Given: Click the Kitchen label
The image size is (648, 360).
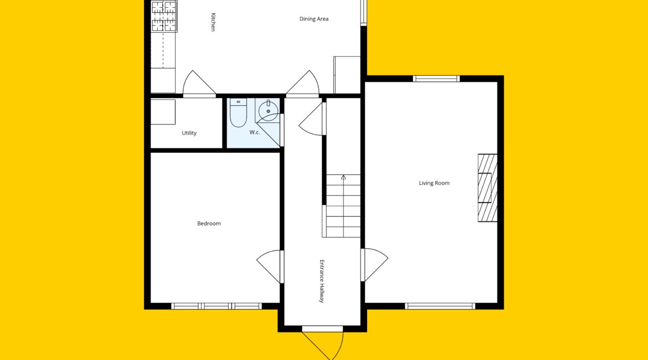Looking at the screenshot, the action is coord(213,22).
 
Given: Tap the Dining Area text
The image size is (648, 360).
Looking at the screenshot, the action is coord(314,19).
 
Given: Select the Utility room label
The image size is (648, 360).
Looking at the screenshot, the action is coord(189,133).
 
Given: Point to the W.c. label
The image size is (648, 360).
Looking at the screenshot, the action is coord(255,132).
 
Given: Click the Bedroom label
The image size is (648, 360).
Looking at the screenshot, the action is coord(209,224).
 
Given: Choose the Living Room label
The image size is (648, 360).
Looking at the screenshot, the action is coord(434,183).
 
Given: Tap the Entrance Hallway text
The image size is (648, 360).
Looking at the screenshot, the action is coord(322,281).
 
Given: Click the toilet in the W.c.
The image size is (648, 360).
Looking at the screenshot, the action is coord(238,112).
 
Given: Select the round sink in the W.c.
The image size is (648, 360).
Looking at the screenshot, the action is coord(268,110).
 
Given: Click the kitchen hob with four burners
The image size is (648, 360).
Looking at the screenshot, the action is coord(164,17).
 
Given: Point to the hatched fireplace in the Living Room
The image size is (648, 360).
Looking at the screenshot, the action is coord(487,188).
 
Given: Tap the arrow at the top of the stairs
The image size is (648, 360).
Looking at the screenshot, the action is coord(343,177).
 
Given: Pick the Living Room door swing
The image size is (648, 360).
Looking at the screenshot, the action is coord(374,265).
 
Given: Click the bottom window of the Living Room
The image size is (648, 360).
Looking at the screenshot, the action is coord(440,306).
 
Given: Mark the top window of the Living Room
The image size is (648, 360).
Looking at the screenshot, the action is coord(436,79).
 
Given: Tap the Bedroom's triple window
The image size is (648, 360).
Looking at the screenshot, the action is coord(217,306).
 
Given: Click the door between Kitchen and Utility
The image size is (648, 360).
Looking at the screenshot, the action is coord(199,84).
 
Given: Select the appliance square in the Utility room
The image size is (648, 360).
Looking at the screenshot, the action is coord(163,112).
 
